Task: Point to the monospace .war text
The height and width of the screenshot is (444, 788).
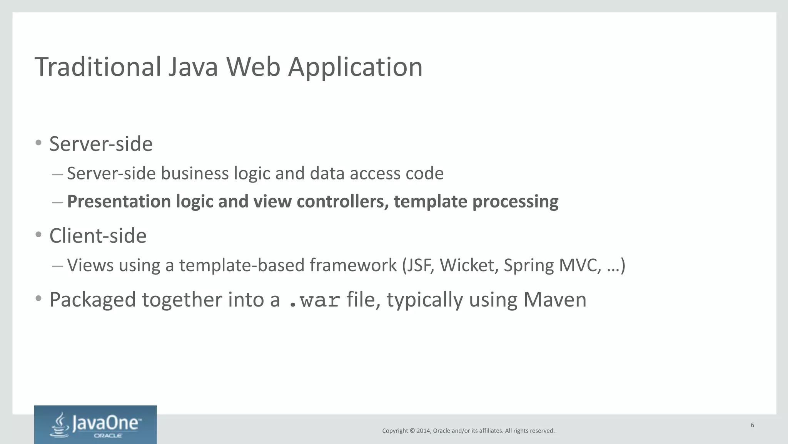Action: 314,300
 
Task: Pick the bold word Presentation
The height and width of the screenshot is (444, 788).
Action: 119,202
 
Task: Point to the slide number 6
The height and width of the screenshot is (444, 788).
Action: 752,425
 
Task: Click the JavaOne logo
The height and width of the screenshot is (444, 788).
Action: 95,425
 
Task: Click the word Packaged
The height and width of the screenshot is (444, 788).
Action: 92,300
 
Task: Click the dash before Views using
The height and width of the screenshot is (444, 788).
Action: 57,266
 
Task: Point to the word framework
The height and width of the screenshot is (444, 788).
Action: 353,265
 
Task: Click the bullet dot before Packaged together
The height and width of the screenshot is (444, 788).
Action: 38,298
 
